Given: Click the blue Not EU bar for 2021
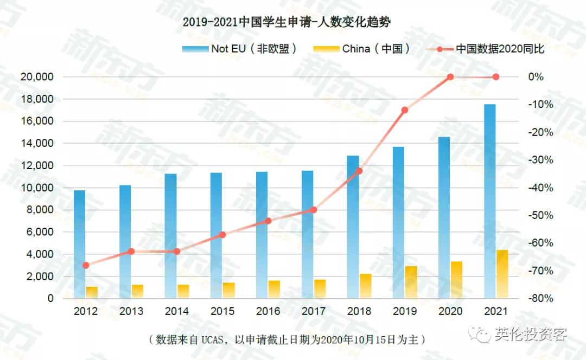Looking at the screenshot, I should [489, 201].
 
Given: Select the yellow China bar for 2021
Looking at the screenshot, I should [502, 274].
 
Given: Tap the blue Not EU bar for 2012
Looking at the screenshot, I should [79, 244].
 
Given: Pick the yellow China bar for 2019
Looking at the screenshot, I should [411, 282].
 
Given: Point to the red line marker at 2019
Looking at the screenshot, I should [405, 110].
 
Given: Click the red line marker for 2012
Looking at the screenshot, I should [86, 265].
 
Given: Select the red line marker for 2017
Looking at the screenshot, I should [314, 210].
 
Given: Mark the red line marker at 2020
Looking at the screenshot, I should [450, 77].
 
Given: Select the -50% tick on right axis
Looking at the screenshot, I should [540, 215].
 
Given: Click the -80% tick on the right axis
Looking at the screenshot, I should [540, 299].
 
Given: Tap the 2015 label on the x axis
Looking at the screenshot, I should [222, 311].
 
